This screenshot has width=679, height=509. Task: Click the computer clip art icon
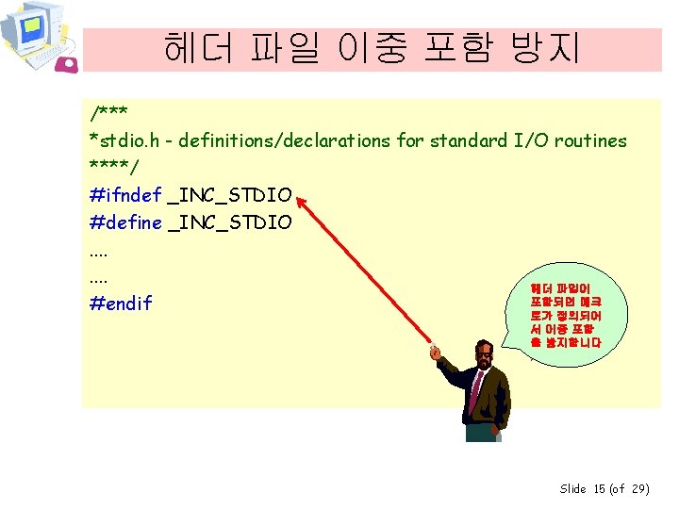pyautogui.click(x=36, y=34)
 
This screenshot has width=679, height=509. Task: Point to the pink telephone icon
pyautogui.click(x=67, y=63)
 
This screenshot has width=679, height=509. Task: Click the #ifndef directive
pyautogui.click(x=124, y=196)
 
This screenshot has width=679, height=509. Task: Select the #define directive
pyautogui.click(x=124, y=222)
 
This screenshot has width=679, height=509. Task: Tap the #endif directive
pyautogui.click(x=121, y=304)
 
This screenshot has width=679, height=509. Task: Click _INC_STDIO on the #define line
pyautogui.click(x=229, y=222)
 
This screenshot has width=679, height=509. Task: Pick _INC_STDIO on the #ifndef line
pyautogui.click(x=229, y=196)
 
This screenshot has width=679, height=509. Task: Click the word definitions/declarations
pyautogui.click(x=284, y=141)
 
